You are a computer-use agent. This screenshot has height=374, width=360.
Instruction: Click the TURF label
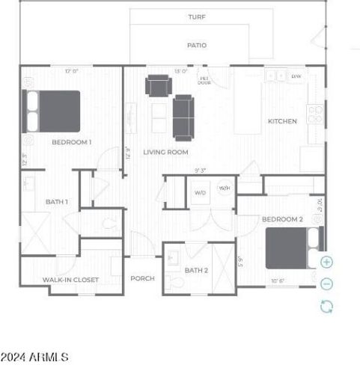[x=197, y=16]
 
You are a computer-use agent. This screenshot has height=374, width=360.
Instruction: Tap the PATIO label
[x=197, y=45]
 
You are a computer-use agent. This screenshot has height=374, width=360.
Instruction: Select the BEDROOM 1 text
[x=72, y=141]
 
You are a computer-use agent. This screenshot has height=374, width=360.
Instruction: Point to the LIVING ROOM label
[x=166, y=152]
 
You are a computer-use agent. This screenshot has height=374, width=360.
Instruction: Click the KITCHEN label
[x=283, y=121]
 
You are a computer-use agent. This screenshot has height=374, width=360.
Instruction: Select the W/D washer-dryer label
[x=201, y=193]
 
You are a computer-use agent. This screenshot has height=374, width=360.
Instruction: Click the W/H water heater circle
[x=224, y=188]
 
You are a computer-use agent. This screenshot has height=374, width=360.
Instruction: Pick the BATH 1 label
[x=57, y=201]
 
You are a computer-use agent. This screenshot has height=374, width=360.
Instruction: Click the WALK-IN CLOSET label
[x=71, y=280]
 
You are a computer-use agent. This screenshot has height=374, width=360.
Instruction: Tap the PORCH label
[x=142, y=278]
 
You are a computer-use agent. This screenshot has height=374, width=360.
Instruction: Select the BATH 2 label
[x=196, y=270]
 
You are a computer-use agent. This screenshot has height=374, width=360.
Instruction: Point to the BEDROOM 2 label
[x=282, y=219]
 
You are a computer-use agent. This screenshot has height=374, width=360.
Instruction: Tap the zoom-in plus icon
[x=326, y=263]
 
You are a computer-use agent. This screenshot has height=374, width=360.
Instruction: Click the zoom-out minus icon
[x=326, y=283]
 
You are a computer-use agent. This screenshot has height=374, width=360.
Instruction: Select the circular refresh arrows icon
[x=326, y=305]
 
